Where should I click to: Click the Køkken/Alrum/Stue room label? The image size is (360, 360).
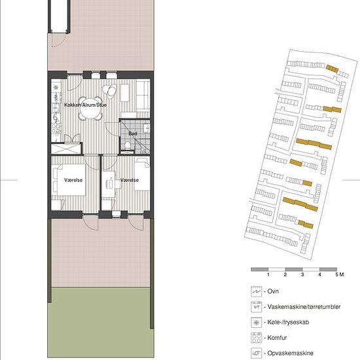point(85,105)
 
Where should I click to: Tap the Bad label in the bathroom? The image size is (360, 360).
point(133,134)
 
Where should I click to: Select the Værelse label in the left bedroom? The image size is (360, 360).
point(73,180)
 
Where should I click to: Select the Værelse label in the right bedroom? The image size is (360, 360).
point(130,180)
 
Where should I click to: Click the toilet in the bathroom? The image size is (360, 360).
point(128,145)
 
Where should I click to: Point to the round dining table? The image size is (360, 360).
point(90,109)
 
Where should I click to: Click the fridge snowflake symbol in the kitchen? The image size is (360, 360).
point(56,88)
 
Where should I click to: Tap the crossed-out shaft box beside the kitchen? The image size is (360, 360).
point(66,149)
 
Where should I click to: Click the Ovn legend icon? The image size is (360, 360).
point(256,291)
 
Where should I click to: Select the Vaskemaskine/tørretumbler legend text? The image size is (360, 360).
point(304,307)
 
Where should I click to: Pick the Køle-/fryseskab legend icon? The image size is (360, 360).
point(256,323)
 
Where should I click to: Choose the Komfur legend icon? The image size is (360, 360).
point(256,338)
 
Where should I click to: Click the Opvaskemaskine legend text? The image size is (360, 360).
point(290,353)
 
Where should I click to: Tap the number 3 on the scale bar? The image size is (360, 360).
point(302,274)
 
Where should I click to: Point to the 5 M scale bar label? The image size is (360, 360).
point(340,274)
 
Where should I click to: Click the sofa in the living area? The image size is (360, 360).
point(143,96)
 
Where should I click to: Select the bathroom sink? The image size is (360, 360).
point(146,128)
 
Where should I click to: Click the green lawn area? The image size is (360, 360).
point(101,322)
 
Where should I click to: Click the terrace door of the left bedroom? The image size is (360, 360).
point(91,223)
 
